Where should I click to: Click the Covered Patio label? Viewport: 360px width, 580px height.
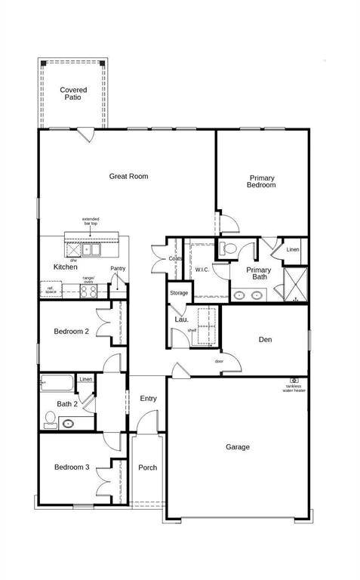[x=73, y=94]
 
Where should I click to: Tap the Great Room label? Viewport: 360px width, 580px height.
[x=128, y=176]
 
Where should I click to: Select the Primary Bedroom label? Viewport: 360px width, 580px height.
[x=262, y=181]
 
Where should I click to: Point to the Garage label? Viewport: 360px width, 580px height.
[x=238, y=447]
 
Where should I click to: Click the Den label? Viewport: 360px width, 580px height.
[x=265, y=340]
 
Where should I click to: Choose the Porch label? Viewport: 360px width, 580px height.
[x=148, y=467]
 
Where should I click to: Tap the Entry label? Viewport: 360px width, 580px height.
[x=148, y=399]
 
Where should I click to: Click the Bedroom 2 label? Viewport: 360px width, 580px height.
[x=72, y=332]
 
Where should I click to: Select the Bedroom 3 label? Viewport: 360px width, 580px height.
[x=72, y=467]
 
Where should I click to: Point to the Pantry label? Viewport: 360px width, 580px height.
[x=118, y=268]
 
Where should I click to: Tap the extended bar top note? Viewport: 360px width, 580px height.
[x=91, y=222]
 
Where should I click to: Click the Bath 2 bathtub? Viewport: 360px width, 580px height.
[x=57, y=383]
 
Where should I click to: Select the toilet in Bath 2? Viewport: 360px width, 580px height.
[x=50, y=421]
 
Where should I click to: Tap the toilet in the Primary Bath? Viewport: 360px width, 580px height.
[x=229, y=248]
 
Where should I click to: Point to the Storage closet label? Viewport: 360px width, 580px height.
[x=179, y=293]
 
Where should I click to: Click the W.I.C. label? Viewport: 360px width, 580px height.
[x=202, y=270]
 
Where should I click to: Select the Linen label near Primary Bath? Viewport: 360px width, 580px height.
[x=293, y=249]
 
